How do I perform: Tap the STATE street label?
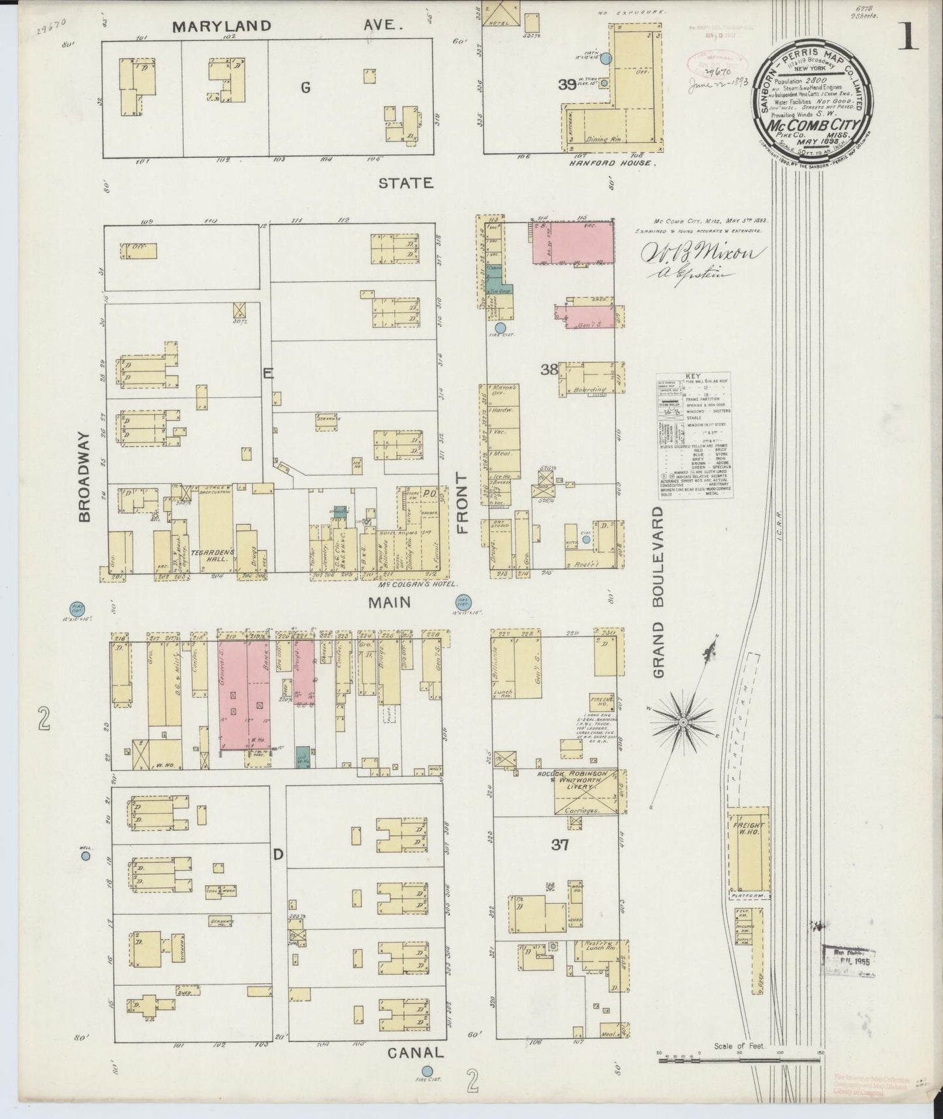(x=406, y=183)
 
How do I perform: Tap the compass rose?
(x=683, y=722)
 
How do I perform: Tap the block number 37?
(x=559, y=845)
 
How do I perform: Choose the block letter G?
(x=305, y=88)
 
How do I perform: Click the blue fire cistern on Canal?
(x=427, y=1071)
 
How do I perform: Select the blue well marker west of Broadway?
(x=85, y=857)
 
